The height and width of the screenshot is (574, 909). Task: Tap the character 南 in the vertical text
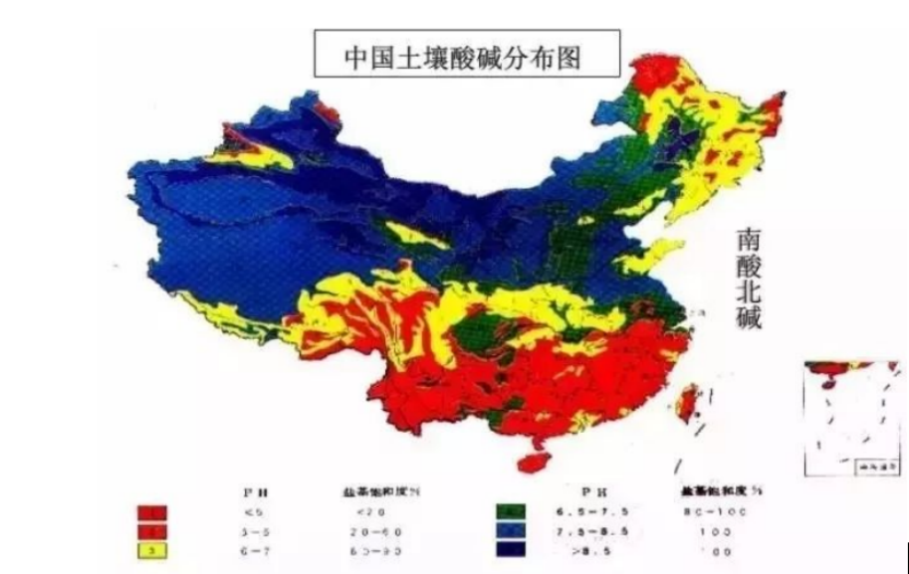pyautogui.click(x=750, y=240)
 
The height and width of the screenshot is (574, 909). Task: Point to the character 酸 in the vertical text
pyautogui.click(x=750, y=268)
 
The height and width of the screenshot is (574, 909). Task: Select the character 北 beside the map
pyautogui.click(x=750, y=295)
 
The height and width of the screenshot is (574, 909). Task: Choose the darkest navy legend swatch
pyautogui.click(x=509, y=550)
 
